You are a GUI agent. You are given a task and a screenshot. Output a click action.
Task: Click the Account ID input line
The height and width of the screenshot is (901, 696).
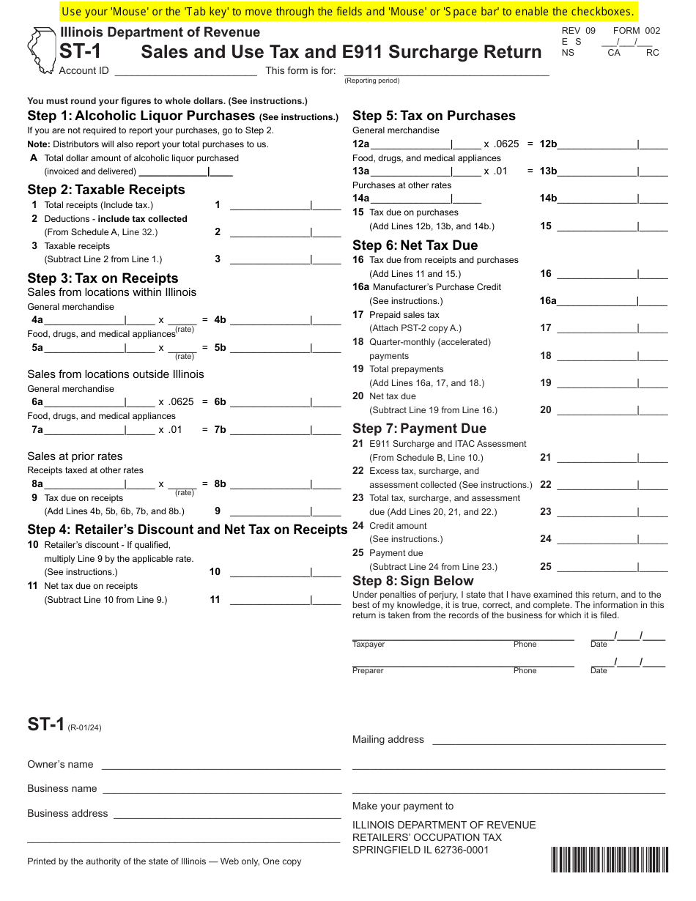coord(185,71)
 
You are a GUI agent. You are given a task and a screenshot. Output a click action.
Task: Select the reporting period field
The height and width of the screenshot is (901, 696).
coord(446,71)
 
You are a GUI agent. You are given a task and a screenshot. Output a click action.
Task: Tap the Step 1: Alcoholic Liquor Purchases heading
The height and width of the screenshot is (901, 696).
coord(141,116)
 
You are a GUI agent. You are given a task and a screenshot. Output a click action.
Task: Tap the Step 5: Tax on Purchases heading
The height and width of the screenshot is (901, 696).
coord(434,116)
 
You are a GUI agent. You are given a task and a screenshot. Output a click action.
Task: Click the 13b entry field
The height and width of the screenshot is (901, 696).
coord(612,171)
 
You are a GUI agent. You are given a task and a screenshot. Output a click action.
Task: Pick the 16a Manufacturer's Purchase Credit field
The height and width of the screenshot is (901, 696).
coord(612,301)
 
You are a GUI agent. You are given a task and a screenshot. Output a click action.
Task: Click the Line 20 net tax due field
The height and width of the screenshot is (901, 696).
coord(612,410)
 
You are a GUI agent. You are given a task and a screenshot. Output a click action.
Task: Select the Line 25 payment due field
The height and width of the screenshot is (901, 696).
coord(612,567)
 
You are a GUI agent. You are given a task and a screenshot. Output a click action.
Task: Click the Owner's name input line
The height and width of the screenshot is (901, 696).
coord(221,765)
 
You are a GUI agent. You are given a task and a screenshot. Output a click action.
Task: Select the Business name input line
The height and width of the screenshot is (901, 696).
coord(222,789)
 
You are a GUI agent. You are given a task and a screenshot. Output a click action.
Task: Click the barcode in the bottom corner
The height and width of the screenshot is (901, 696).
coord(610,859)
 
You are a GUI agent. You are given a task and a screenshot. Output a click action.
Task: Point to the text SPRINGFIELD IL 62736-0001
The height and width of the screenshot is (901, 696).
coord(421,850)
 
